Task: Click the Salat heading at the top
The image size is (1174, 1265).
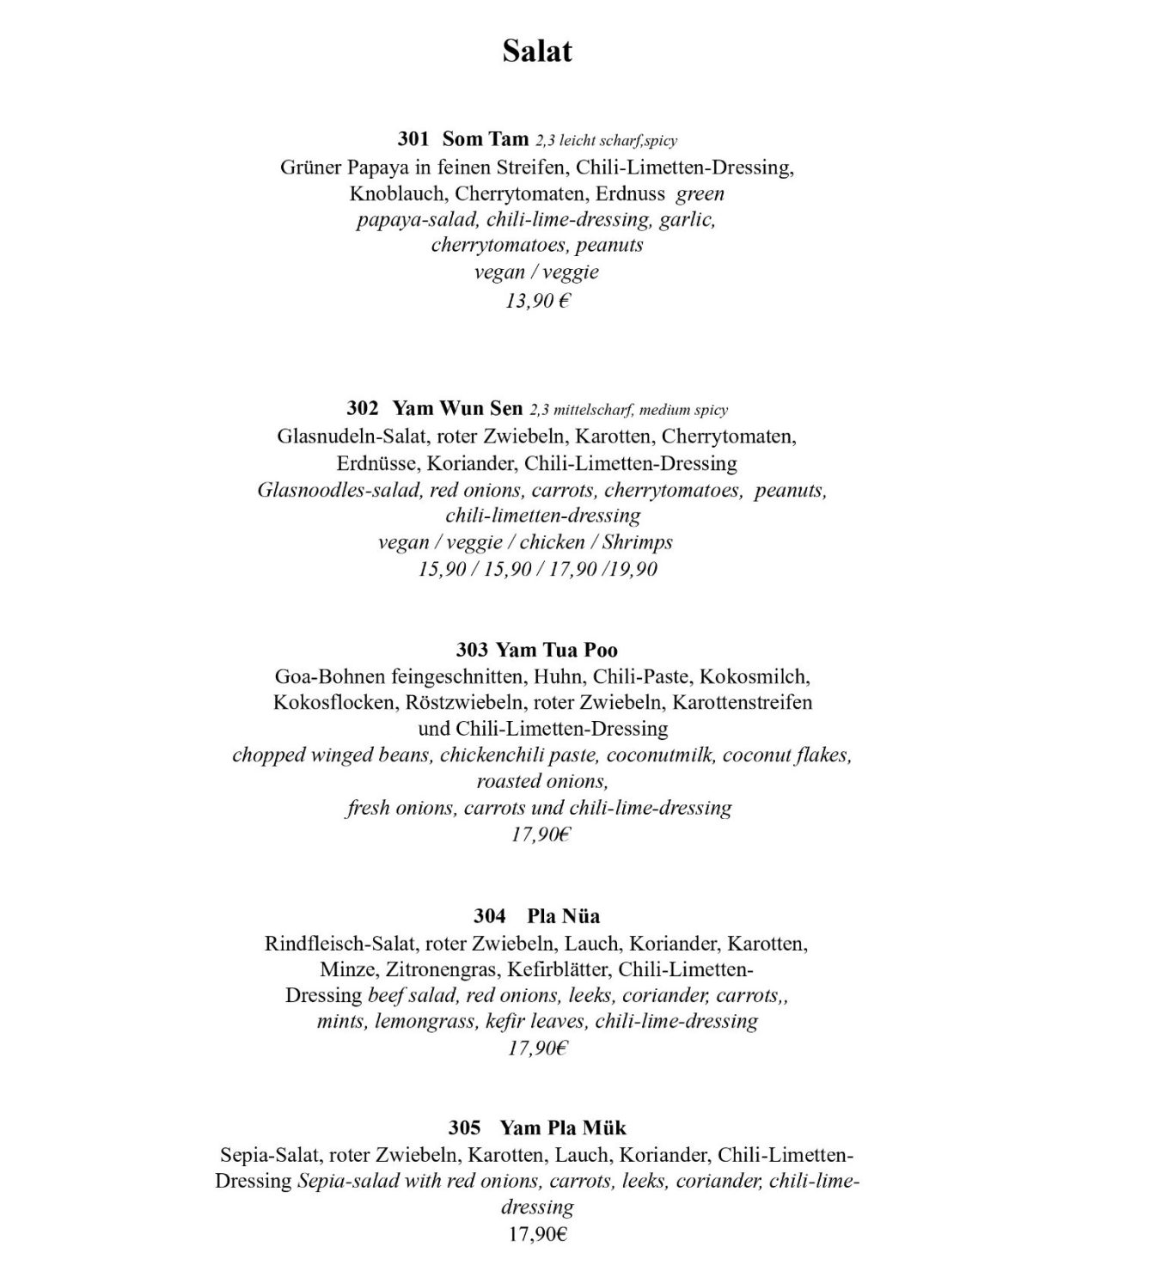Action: pyautogui.click(x=537, y=52)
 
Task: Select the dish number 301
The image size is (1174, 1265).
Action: pyautogui.click(x=413, y=138)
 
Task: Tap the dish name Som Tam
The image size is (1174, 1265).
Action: pyautogui.click(x=486, y=138)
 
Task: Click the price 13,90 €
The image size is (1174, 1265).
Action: pyautogui.click(x=538, y=301)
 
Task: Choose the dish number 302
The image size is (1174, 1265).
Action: pyautogui.click(x=363, y=408)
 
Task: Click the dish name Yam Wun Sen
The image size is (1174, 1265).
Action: pyautogui.click(x=457, y=408)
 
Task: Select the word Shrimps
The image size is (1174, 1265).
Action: pyautogui.click(x=637, y=542)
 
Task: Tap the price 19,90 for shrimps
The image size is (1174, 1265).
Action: pyautogui.click(x=633, y=569)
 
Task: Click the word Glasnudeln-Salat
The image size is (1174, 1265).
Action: pyautogui.click(x=347, y=437)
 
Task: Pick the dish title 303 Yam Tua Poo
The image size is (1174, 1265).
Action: pyautogui.click(x=537, y=650)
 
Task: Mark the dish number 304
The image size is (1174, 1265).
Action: pyautogui.click(x=489, y=916)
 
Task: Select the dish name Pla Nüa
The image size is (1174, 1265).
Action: pyautogui.click(x=564, y=916)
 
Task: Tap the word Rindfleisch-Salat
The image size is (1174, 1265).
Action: pyautogui.click(x=342, y=944)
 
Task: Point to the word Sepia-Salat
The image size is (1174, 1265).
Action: pyautogui.click(x=269, y=1154)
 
